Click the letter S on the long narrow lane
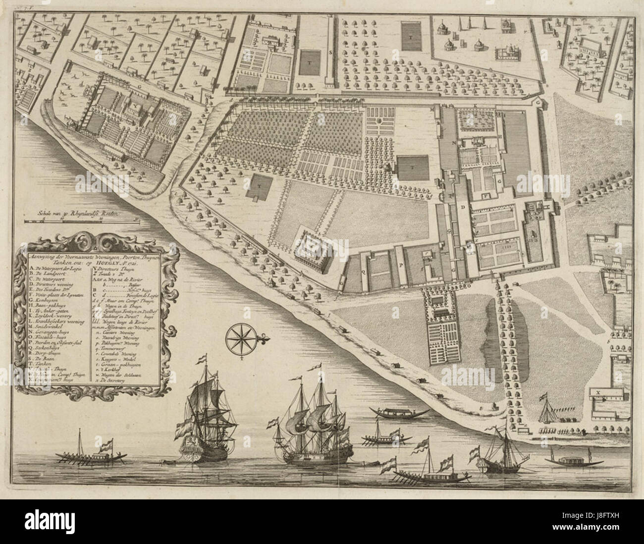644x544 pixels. click(x=330, y=52)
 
